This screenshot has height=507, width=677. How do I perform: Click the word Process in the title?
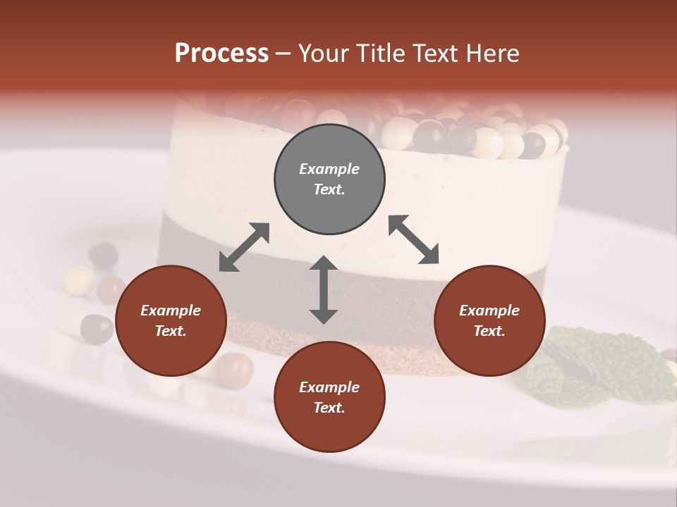tap(221, 54)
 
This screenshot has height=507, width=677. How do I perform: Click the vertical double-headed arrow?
tap(324, 289)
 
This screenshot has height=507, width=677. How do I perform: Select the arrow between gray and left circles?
tap(244, 247)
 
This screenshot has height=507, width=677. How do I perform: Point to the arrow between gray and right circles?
tap(413, 239)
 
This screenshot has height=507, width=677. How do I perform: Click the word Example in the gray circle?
tap(329, 169)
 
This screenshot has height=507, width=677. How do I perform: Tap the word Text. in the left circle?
tap(171, 331)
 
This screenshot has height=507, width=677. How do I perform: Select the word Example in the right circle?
tap(489, 311)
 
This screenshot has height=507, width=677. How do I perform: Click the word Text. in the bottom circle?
tap(329, 408)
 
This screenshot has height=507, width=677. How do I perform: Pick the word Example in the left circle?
tap(171, 311)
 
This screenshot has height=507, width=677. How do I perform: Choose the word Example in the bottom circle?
tap(329, 387)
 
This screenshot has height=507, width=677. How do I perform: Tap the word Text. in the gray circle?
tap(329, 189)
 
